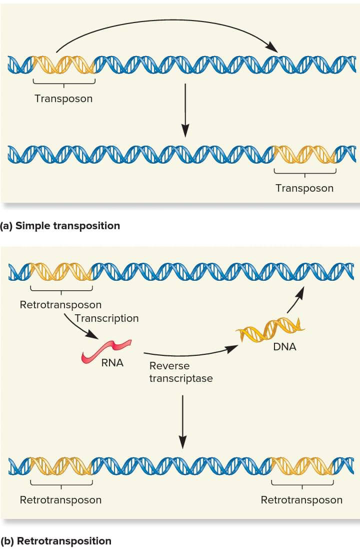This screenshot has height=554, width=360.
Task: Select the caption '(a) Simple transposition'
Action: pyautogui.click(x=60, y=226)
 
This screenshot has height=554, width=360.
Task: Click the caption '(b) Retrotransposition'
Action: pyautogui.click(x=55, y=541)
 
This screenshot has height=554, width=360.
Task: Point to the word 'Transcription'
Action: pyautogui.click(x=106, y=318)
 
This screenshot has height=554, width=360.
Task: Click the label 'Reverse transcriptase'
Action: pyautogui.click(x=180, y=372)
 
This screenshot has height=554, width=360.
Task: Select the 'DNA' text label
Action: pyautogui.click(x=284, y=347)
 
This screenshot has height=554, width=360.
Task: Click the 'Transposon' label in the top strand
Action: pyautogui.click(x=63, y=99)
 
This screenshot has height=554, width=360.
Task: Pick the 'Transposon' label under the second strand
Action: pyautogui.click(x=304, y=188)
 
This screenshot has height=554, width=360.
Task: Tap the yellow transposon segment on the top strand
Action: pyautogui.click(x=63, y=65)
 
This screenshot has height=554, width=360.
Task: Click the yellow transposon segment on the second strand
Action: pyautogui.click(x=304, y=155)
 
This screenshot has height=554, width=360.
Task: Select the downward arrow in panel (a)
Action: pyautogui.click(x=185, y=110)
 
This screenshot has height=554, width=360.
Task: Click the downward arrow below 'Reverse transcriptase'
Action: pyautogui.click(x=183, y=420)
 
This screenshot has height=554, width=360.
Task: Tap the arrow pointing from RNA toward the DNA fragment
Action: pyautogui.click(x=190, y=353)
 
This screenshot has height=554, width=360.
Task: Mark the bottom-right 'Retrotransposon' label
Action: pyautogui.click(x=301, y=500)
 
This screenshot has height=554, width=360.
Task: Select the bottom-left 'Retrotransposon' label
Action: pyautogui.click(x=60, y=500)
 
